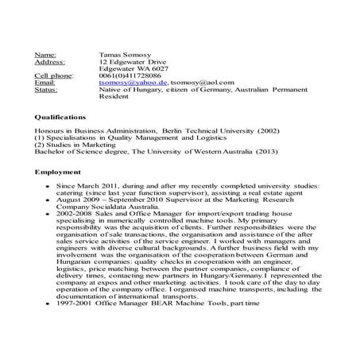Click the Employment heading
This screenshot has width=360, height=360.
point(58,172)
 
